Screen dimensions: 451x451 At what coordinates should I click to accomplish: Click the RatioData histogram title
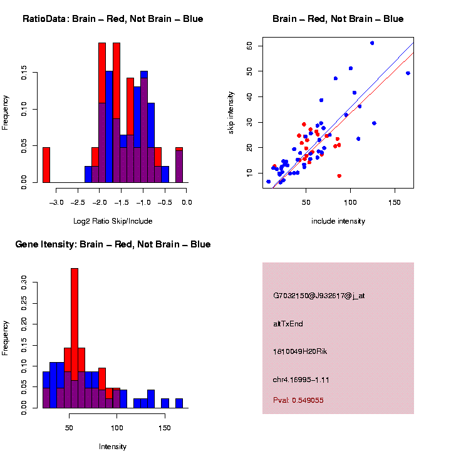[113, 19]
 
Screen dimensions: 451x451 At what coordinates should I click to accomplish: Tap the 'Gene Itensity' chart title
[113, 244]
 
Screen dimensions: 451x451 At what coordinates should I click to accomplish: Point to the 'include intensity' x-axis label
[338, 221]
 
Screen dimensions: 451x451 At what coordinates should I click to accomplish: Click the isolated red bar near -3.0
[46, 165]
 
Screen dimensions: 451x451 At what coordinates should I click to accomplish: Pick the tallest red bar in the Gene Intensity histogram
[75, 338]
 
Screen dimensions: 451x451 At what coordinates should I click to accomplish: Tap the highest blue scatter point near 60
[372, 43]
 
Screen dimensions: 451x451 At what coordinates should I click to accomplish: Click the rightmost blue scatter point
[408, 73]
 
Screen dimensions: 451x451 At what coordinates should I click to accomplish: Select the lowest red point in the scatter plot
[339, 176]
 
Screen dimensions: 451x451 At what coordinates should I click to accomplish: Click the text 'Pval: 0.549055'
[298, 400]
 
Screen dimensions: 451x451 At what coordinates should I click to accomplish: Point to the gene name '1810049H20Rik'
[300, 351]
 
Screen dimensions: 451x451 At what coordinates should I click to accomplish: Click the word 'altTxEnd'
[288, 324]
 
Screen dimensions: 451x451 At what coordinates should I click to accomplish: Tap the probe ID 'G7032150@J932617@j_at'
[319, 296]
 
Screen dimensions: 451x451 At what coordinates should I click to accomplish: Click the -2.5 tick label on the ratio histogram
[78, 203]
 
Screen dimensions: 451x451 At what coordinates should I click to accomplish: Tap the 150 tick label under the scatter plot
[395, 203]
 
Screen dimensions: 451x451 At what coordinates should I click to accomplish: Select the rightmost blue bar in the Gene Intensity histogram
[179, 403]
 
